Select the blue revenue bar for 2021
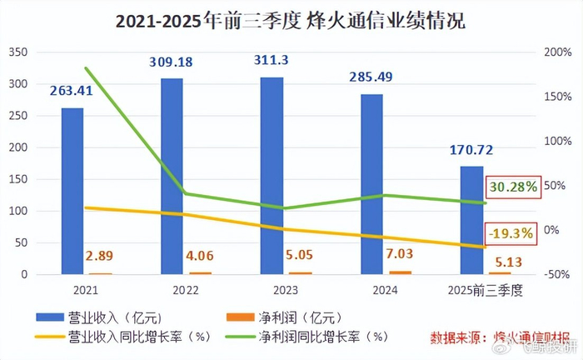(72, 192)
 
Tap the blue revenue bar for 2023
(272, 176)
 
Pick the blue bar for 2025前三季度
(471, 220)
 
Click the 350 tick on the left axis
(18, 52)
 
